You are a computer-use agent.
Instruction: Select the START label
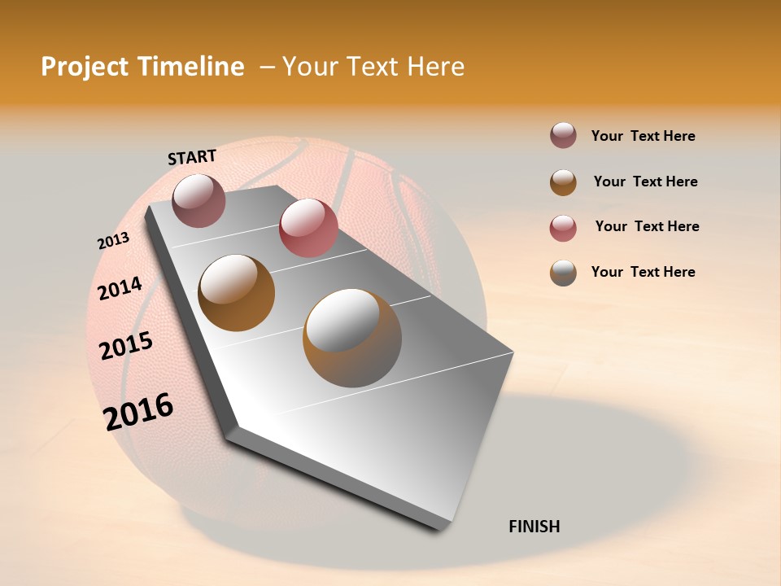tap(192, 157)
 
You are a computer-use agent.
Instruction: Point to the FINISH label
tap(534, 527)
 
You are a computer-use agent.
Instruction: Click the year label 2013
tap(114, 241)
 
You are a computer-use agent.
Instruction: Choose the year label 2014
tap(120, 288)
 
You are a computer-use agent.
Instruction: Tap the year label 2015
tap(126, 346)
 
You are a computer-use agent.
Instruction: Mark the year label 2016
tap(138, 411)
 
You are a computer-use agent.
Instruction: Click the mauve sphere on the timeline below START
tap(199, 200)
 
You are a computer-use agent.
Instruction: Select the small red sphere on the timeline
tap(308, 227)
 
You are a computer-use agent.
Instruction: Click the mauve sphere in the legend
tap(563, 136)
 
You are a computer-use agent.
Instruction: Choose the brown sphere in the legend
tap(563, 182)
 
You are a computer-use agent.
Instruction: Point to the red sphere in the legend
tap(563, 228)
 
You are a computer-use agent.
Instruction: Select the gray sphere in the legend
tap(563, 273)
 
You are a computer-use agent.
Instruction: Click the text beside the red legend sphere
tap(647, 226)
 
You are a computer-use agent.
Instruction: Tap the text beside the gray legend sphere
tap(643, 272)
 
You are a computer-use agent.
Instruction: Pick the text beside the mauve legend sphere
tap(643, 136)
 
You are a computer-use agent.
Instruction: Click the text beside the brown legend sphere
tap(645, 181)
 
